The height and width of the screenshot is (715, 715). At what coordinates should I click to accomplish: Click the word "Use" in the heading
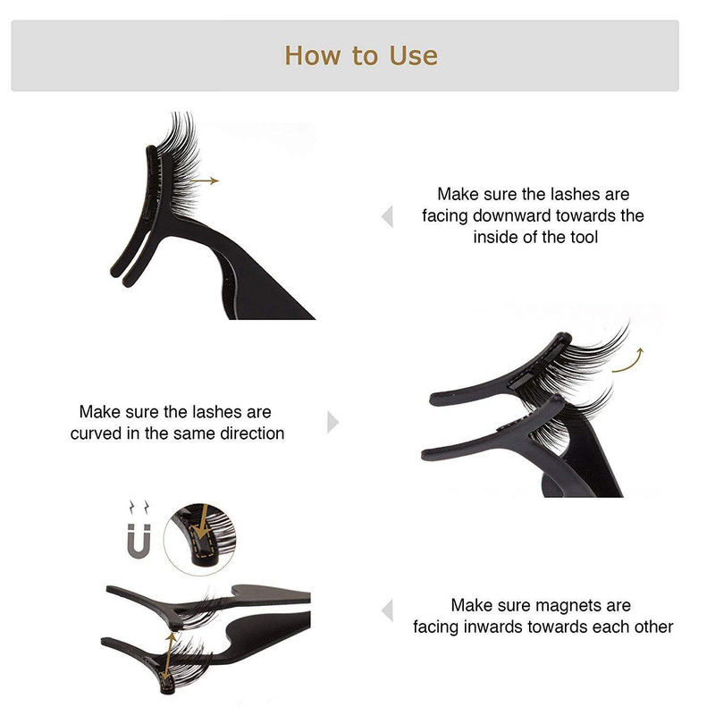(x=414, y=55)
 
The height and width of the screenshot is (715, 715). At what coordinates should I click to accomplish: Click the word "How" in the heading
(x=312, y=55)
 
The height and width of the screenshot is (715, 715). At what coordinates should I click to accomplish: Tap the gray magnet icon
(x=139, y=542)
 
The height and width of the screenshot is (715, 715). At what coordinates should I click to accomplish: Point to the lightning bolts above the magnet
(x=139, y=507)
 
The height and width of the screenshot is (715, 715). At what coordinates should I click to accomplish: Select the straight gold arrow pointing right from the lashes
(x=205, y=181)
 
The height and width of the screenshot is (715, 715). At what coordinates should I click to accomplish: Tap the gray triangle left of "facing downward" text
(x=387, y=216)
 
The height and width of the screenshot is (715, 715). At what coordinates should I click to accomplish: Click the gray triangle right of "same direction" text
(x=332, y=422)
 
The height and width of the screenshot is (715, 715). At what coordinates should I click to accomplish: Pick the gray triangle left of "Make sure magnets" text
(x=387, y=610)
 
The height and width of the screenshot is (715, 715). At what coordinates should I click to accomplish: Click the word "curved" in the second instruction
(x=96, y=433)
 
